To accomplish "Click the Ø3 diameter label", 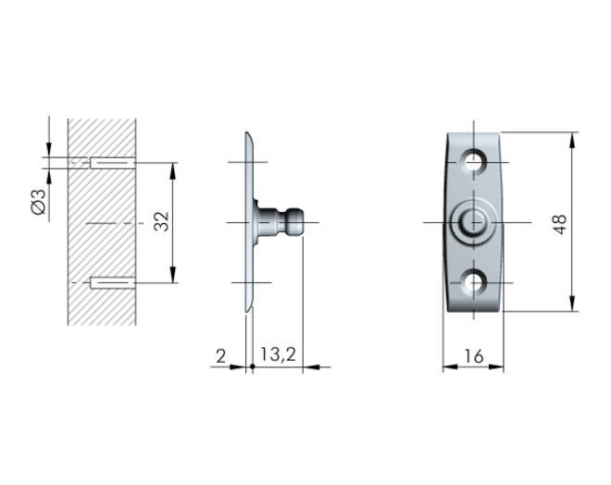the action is tap(39, 202).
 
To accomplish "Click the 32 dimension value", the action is tap(162, 221).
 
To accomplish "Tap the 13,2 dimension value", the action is tap(279, 354).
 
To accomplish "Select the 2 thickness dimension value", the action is tap(221, 356).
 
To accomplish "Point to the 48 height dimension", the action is tap(559, 224).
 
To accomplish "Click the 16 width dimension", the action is tap(474, 356).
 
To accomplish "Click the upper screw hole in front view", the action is tap(473, 162).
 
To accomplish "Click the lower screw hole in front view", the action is tap(473, 283).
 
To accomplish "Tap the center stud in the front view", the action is tap(473, 222).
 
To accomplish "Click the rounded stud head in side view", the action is tap(295, 222).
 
